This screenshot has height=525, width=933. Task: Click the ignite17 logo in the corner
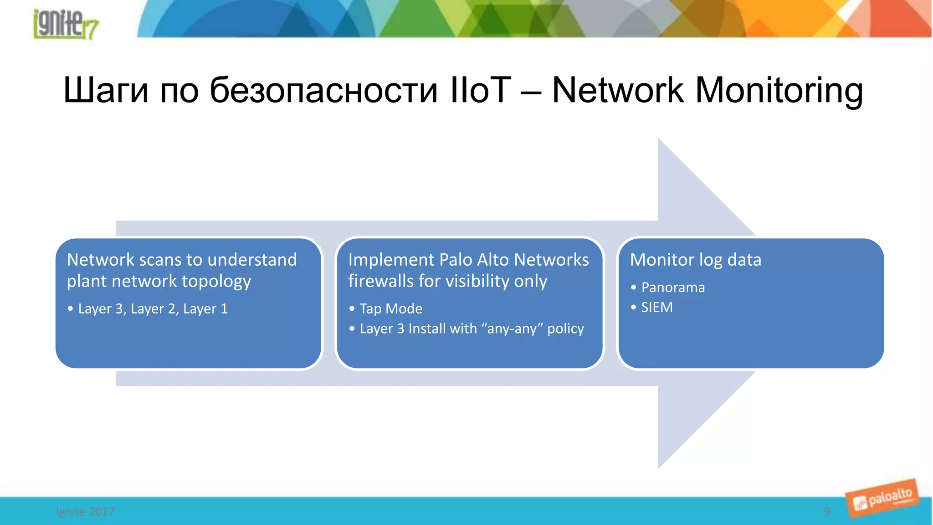pos(65,24)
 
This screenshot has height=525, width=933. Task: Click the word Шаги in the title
pos(106,90)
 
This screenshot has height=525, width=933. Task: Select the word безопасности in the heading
pos(323,90)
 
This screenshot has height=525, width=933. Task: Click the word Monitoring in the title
pos(779,90)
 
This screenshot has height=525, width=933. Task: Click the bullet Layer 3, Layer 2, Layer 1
pos(153,309)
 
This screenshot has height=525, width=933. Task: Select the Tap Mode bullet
pos(391,309)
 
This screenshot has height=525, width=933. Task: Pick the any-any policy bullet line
pos(472,329)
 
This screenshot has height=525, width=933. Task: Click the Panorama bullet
pos(673,288)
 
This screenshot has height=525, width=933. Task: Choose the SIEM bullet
pos(656,308)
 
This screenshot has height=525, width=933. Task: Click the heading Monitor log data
pos(695,260)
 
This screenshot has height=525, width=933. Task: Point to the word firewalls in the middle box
pos(381,281)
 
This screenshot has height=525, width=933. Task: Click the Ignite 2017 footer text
pos(85,511)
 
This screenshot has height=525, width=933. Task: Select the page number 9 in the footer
pos(827,511)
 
